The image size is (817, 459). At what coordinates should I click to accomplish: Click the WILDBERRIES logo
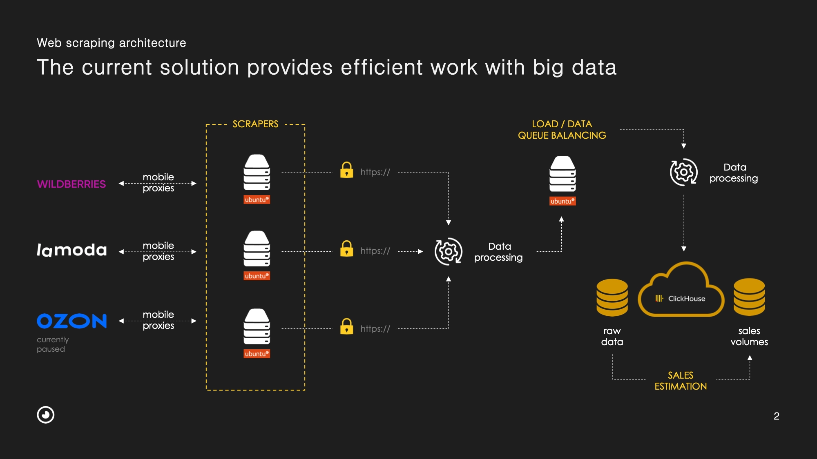tap(71, 184)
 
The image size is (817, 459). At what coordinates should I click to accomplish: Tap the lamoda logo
tap(72, 250)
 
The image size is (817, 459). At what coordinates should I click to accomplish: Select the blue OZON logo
tap(72, 321)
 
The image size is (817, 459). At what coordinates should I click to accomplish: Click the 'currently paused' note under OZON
tap(53, 344)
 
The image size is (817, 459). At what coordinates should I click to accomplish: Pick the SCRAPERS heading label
tap(255, 124)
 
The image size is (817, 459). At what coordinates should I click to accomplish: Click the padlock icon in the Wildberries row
tap(347, 170)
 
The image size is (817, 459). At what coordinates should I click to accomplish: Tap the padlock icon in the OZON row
tap(347, 326)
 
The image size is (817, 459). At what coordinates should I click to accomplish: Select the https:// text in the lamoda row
tap(375, 251)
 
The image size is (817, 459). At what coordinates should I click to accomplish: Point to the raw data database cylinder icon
tap(612, 297)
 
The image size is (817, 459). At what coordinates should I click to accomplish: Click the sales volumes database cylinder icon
tap(749, 297)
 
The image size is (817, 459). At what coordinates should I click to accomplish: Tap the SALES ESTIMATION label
tap(681, 381)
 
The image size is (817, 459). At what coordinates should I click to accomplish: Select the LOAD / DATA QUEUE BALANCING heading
tap(562, 130)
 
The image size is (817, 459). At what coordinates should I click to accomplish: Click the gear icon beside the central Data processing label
tap(449, 251)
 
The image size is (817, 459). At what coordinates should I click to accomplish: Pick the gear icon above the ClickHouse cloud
tap(683, 172)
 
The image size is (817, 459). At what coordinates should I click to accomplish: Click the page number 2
tap(777, 416)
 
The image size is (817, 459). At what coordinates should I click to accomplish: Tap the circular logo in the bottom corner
tap(45, 415)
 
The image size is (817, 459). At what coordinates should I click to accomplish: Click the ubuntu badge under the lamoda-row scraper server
tap(257, 276)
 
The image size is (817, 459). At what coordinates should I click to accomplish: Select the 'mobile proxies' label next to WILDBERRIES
tap(158, 183)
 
